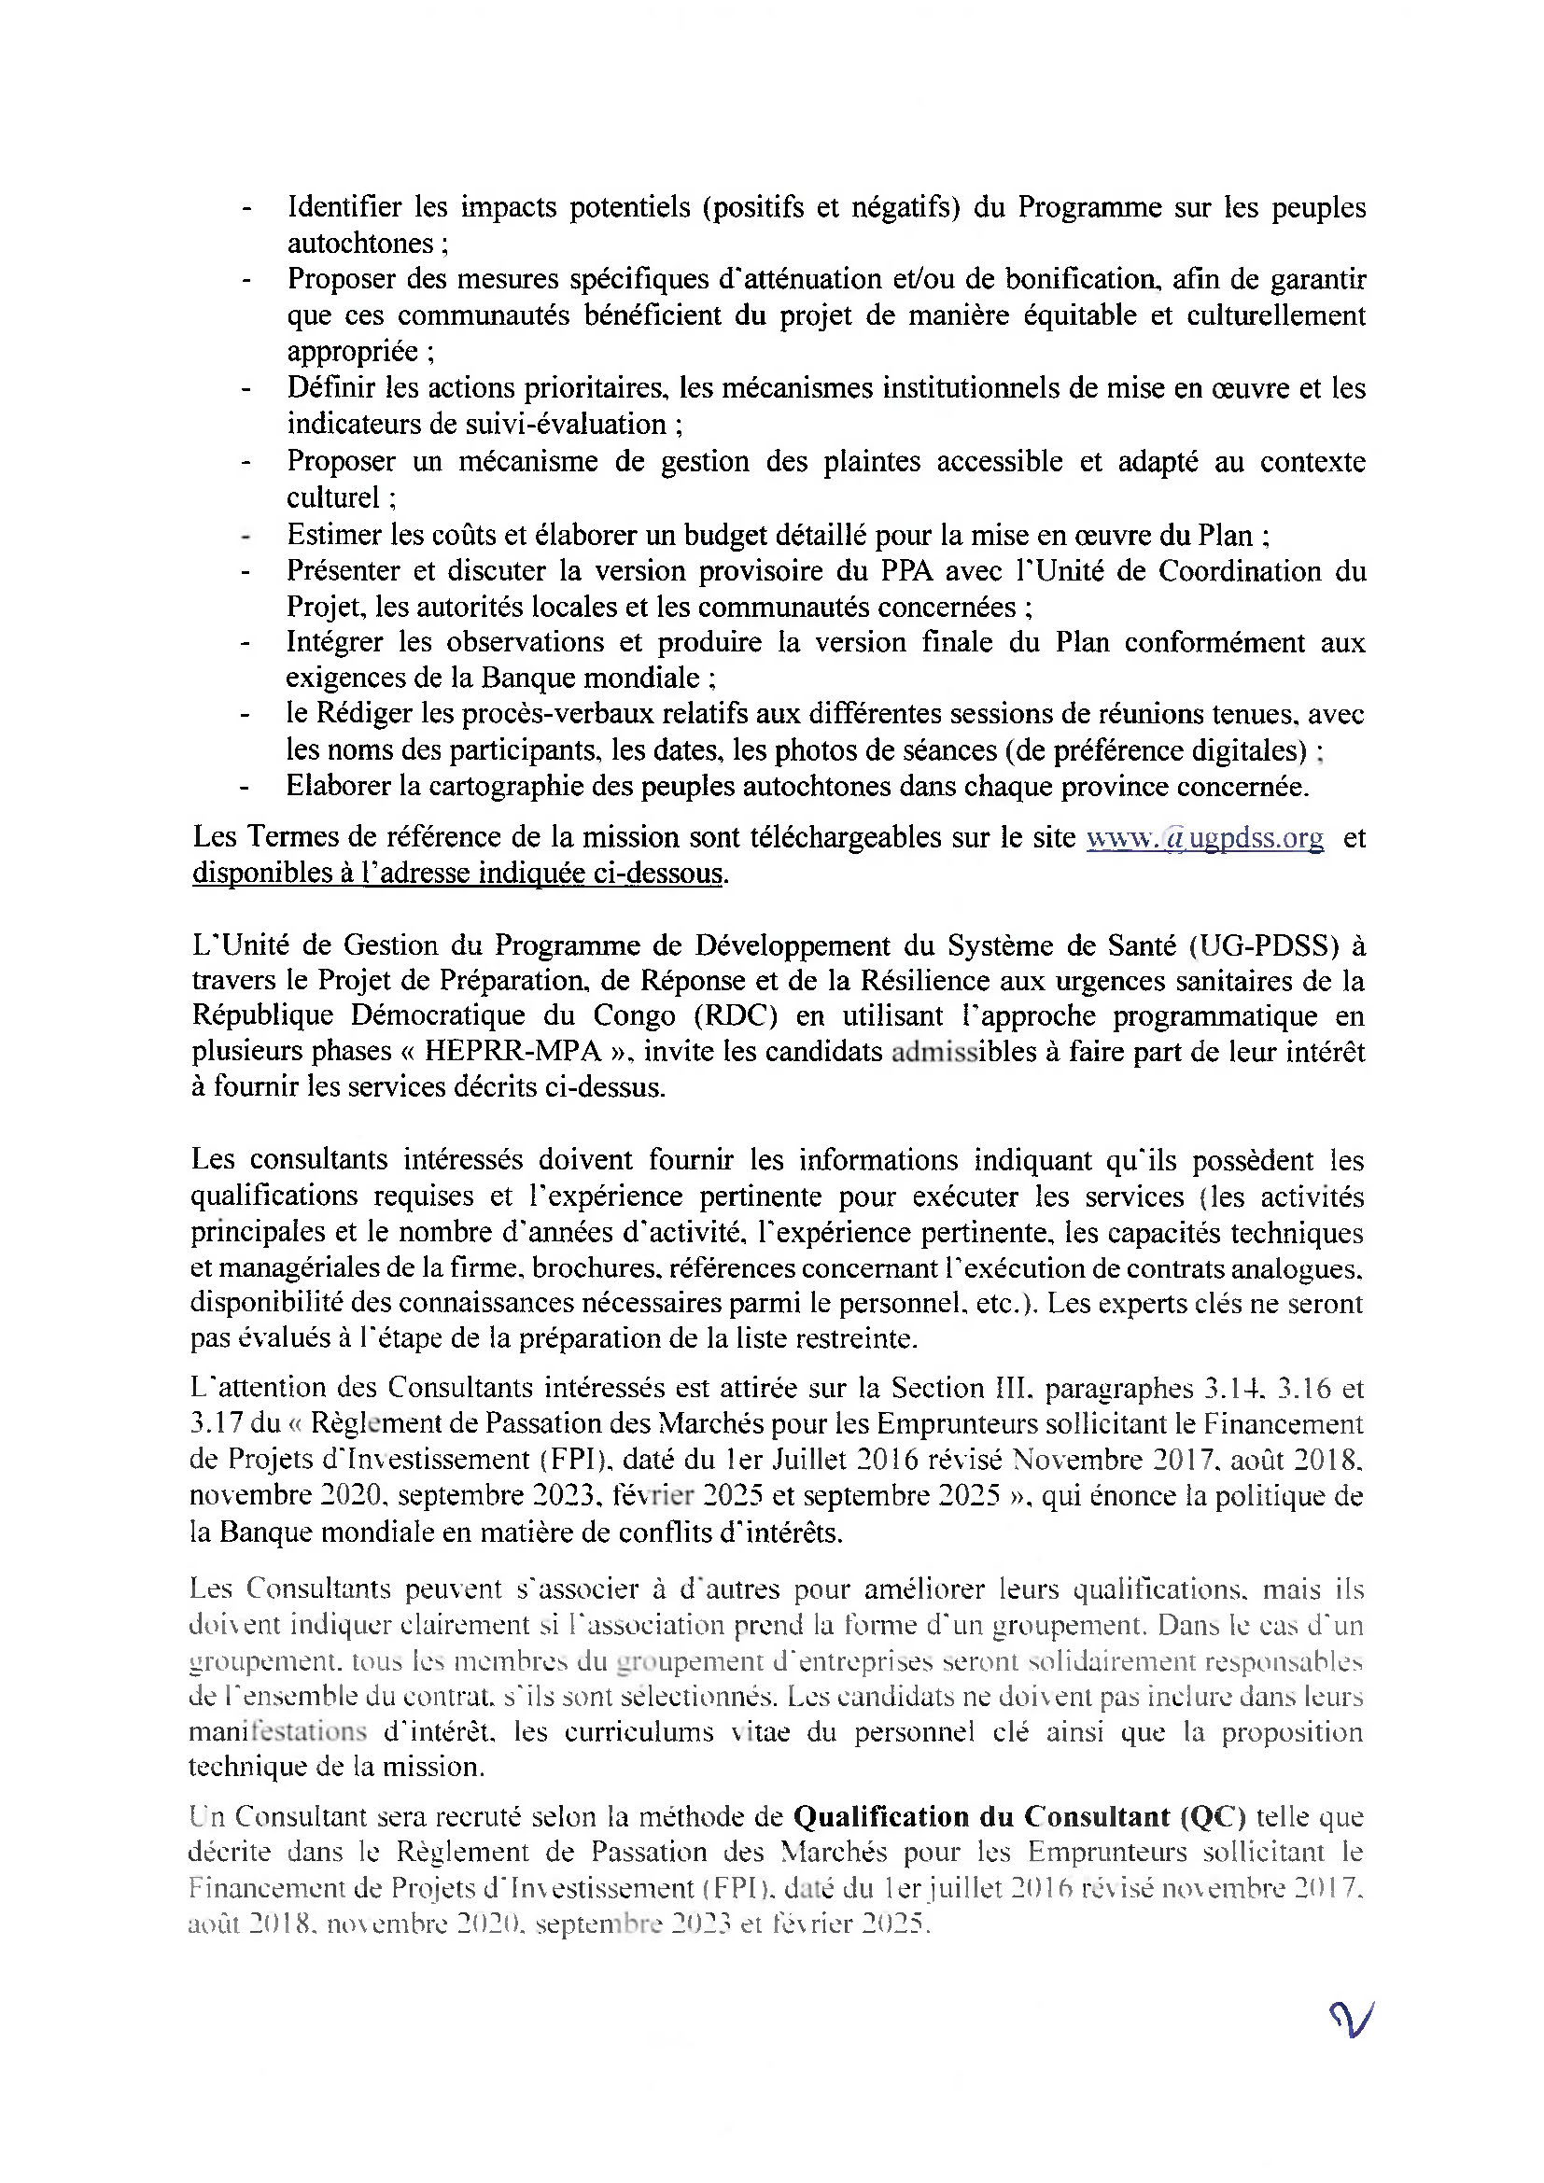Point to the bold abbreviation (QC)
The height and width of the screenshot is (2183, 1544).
pos(1213,1817)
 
